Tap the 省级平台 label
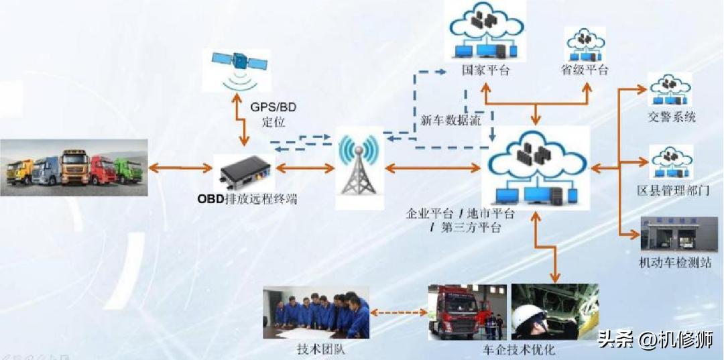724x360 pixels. (585, 69)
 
